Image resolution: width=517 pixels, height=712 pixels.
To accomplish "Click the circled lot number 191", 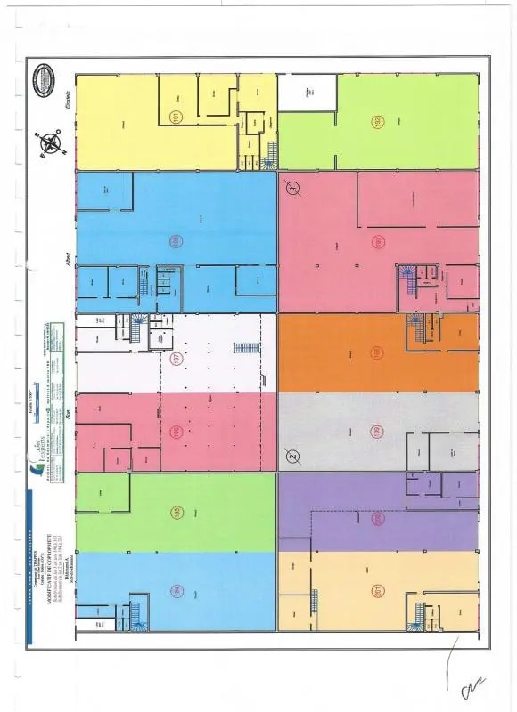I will tap(176, 117).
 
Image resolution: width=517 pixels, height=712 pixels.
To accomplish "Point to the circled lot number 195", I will tap(176, 513).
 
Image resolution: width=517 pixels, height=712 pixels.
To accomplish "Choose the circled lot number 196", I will tap(176, 433).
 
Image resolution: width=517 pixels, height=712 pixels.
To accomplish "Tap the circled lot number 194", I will tap(176, 591).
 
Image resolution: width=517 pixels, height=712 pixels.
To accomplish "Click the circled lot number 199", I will tap(378, 432).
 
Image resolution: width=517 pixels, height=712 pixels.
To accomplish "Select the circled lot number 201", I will tap(378, 590).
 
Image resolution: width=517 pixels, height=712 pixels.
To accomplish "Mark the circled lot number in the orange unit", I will tap(378, 352).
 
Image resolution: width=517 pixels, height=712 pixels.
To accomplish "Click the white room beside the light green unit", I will tap(308, 93).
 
